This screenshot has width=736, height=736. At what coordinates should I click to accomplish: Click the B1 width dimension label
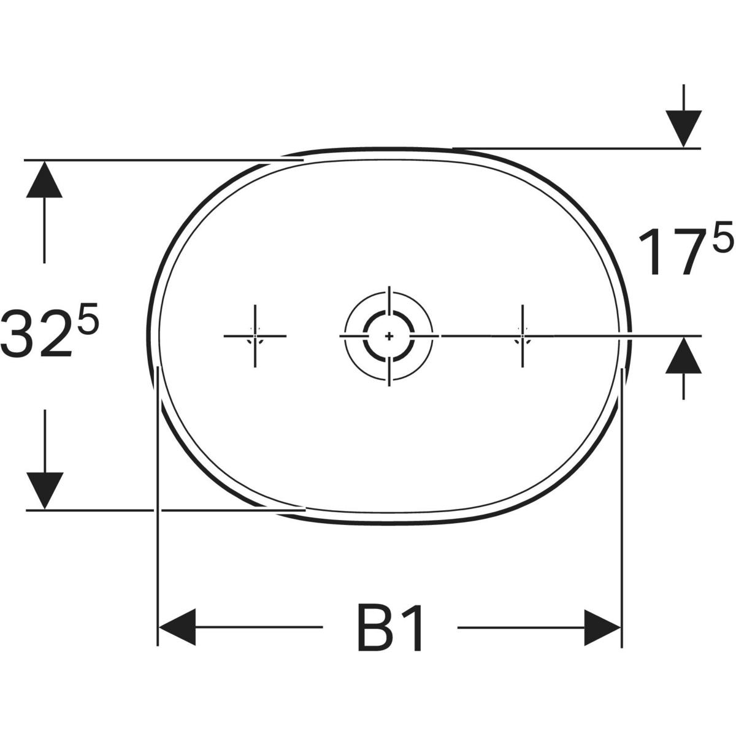point(389,627)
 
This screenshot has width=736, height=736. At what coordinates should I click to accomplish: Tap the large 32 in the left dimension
point(36,334)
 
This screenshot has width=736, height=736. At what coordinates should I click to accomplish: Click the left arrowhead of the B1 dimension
point(177,627)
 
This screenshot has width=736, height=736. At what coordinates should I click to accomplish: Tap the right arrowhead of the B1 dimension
point(602,627)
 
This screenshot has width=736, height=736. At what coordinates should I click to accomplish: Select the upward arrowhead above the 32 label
point(44,179)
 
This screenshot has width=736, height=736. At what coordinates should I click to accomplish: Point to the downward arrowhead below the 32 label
point(44,491)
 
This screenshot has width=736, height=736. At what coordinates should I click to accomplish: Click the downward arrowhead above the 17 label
point(684,129)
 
